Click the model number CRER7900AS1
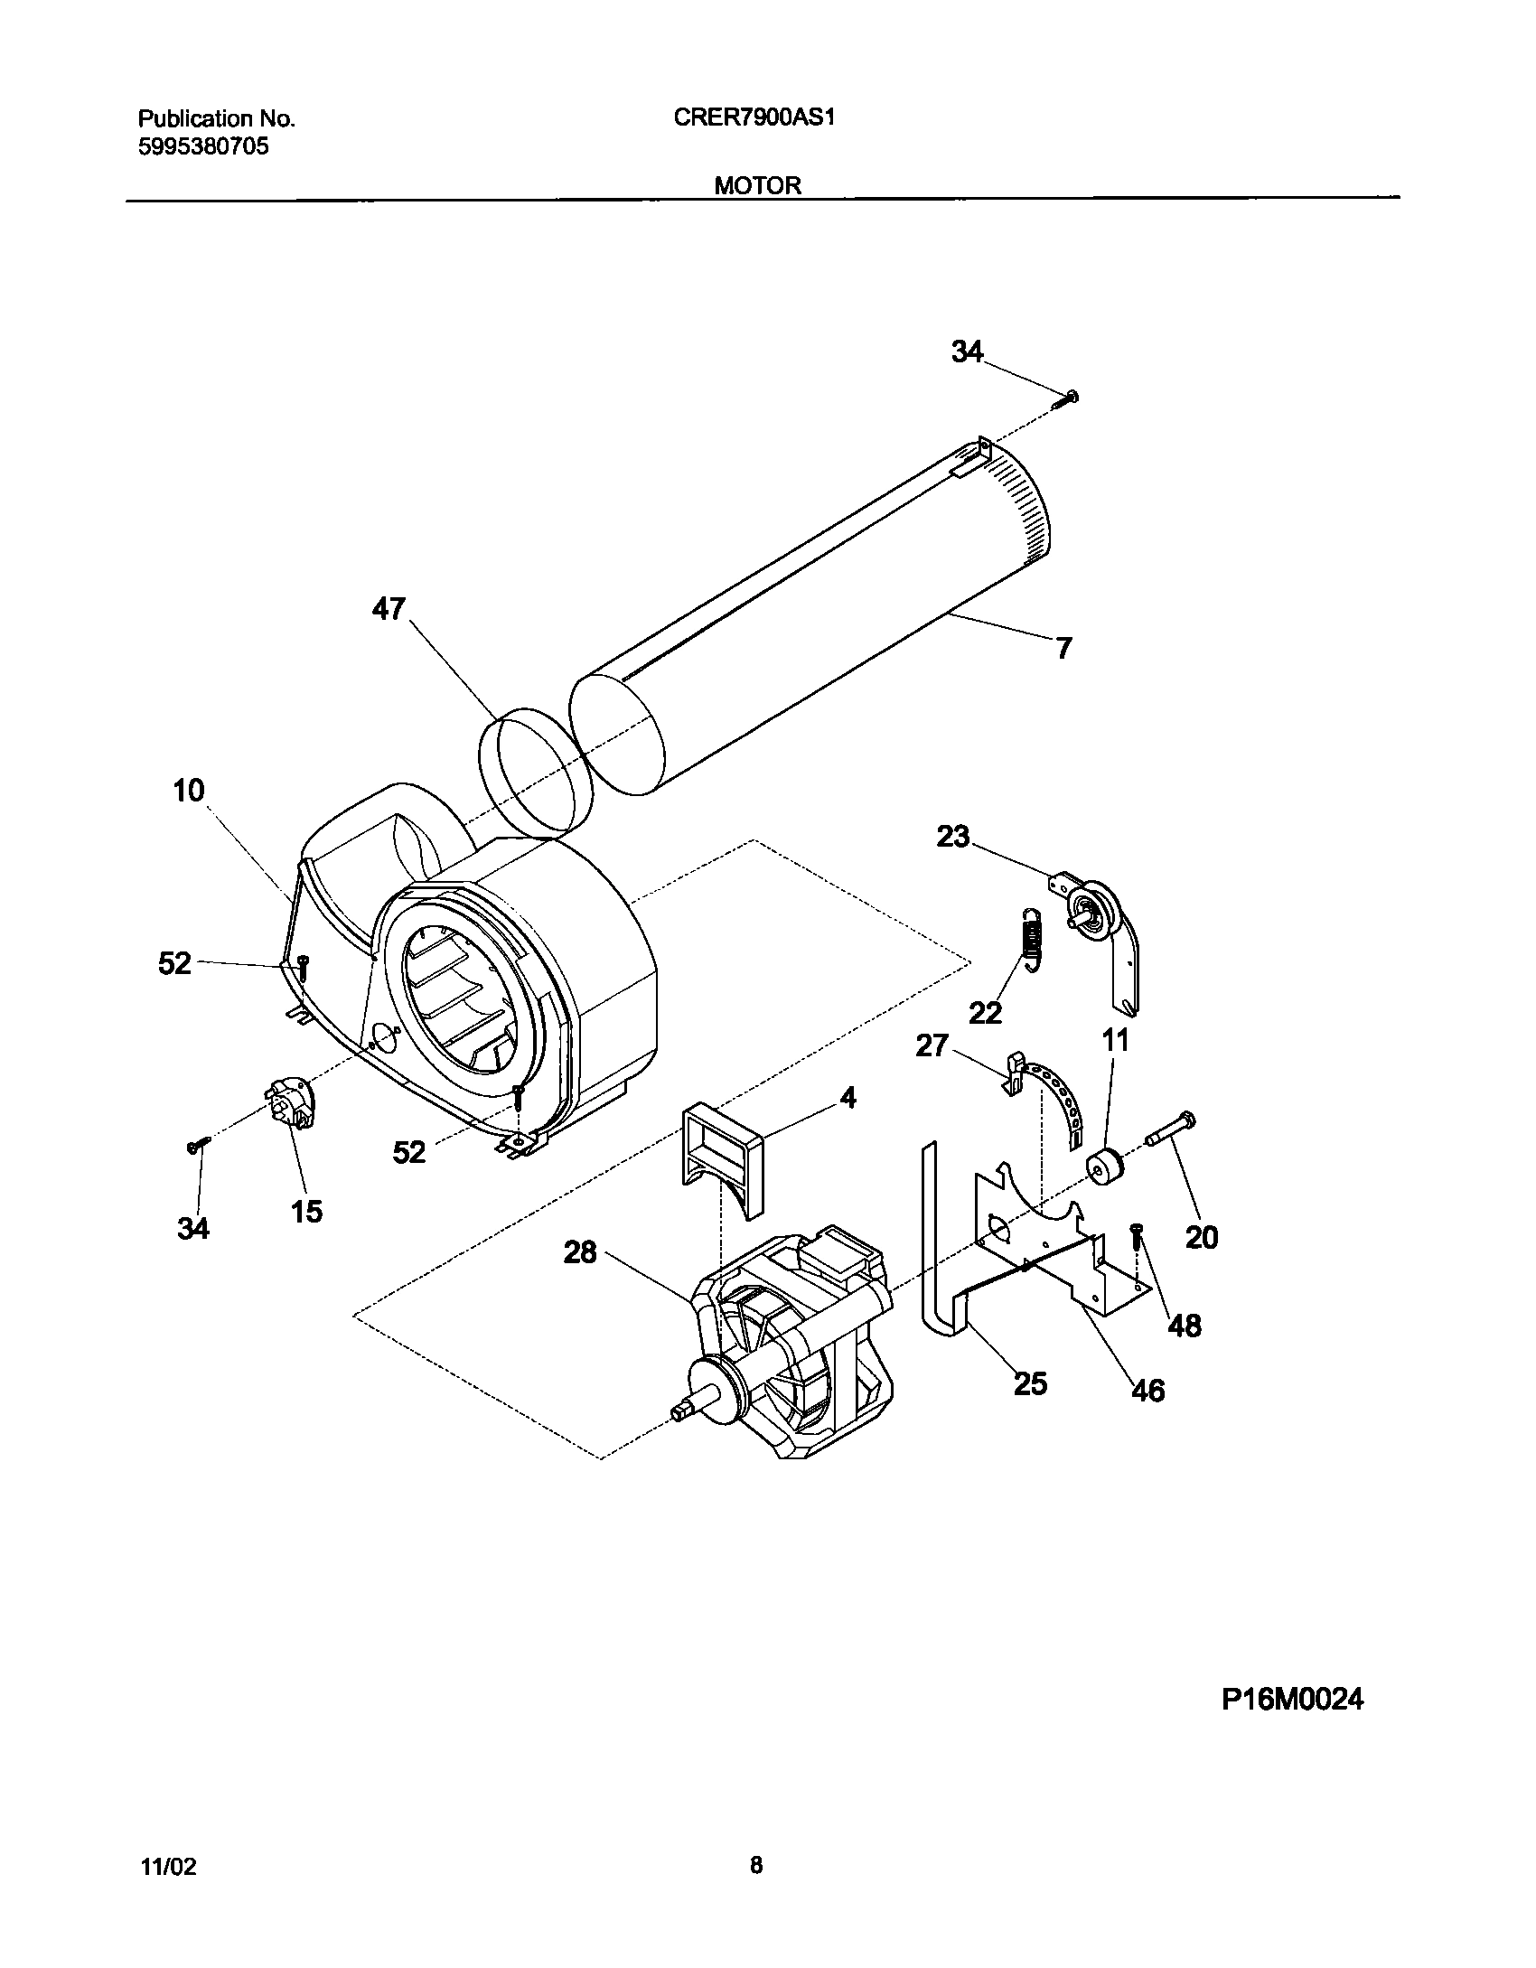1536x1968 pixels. click(753, 118)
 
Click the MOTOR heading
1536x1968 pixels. click(758, 185)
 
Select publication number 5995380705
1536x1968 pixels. click(203, 146)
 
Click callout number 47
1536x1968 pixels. click(389, 609)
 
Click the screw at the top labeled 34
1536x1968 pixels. click(1070, 397)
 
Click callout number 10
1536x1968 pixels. click(189, 791)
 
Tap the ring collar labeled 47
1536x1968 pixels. click(533, 769)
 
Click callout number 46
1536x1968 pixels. click(1147, 1390)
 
